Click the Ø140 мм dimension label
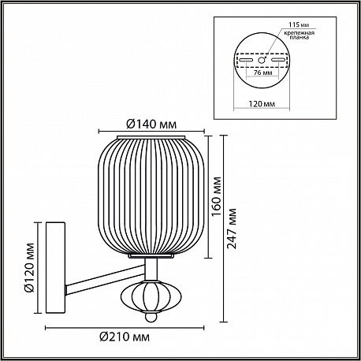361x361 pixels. pos(151,124)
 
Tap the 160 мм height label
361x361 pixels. pos(217,196)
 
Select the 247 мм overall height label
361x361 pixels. pos(232,229)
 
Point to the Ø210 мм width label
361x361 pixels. pos(125,337)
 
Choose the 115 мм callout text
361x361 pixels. pos(299,25)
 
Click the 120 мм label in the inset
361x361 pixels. pos(262,104)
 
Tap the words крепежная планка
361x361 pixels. pos(299,35)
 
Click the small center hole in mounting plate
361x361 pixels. pos(262,60)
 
